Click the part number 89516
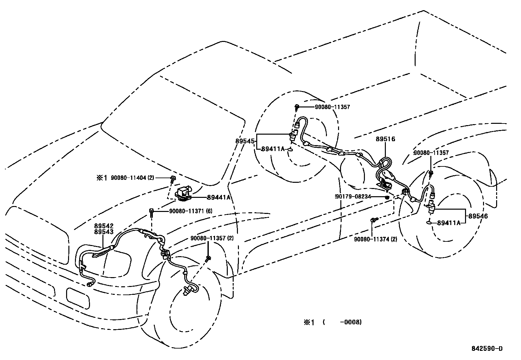tap(386, 139)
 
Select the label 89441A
tap(219, 198)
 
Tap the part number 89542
tap(104, 226)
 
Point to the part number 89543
tap(104, 232)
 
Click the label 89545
tap(245, 141)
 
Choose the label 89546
tap(478, 216)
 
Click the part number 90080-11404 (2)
tap(132, 178)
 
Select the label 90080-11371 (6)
tap(190, 211)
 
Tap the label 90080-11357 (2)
tap(212, 238)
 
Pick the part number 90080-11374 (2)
tap(375, 239)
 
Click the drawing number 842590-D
tap(487, 349)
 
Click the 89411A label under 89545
tap(273, 149)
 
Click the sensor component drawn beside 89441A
tap(184, 193)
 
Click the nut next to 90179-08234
tap(387, 197)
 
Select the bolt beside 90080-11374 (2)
tap(373, 220)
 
